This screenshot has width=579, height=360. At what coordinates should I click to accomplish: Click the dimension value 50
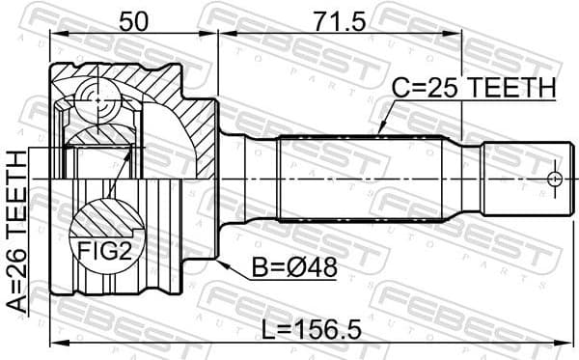point(134,20)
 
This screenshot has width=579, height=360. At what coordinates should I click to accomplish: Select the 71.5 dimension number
point(341,20)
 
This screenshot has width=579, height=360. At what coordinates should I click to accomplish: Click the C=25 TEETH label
point(474,89)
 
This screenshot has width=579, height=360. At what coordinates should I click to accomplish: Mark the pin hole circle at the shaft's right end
point(553,179)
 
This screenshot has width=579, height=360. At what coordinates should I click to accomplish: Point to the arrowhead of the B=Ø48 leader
point(221,260)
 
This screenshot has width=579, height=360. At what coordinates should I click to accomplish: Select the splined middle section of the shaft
point(362,180)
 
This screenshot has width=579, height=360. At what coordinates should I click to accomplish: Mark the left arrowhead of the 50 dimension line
point(54,36)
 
